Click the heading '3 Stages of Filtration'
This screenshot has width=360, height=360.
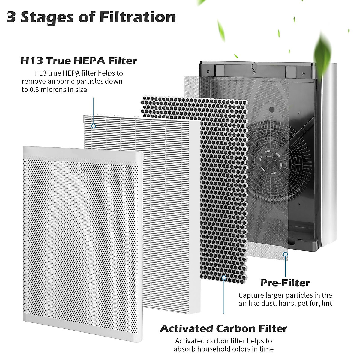click(91, 17)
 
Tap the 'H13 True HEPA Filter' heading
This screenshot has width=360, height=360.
click(79, 61)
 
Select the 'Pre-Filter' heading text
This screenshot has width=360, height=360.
click(285, 283)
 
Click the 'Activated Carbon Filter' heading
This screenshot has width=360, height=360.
click(223, 328)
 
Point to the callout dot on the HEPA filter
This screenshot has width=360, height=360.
click(94, 126)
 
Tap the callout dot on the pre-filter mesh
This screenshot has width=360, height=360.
click(285, 254)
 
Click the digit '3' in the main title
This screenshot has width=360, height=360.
click(11, 18)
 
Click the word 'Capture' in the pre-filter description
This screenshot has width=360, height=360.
click(251, 295)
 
